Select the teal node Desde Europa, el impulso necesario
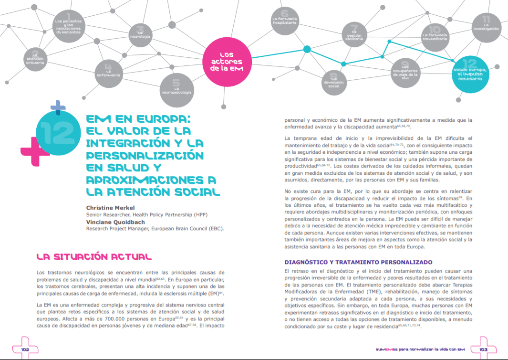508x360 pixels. (x=470, y=73)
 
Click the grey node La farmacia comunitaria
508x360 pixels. (x=435, y=37)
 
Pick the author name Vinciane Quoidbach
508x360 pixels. (x=112, y=222)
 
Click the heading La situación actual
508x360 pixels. (x=94, y=257)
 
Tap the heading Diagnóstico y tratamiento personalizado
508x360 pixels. (x=358, y=262)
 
